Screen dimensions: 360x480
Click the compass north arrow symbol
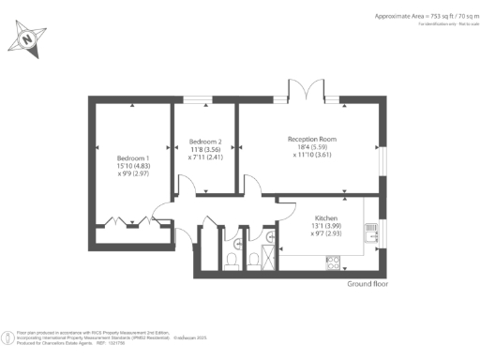pos(28,39)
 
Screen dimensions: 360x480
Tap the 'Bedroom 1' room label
pos(133,157)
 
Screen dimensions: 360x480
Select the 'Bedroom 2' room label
pos(204,142)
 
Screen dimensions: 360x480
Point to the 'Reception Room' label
pos(311,140)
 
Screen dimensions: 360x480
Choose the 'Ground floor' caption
pos(367,283)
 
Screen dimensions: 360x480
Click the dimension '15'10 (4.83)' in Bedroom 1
pos(133,166)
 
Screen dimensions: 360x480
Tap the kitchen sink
pos(372,231)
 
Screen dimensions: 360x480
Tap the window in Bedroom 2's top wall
pos(198,99)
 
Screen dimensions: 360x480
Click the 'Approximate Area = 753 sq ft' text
pos(413,17)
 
